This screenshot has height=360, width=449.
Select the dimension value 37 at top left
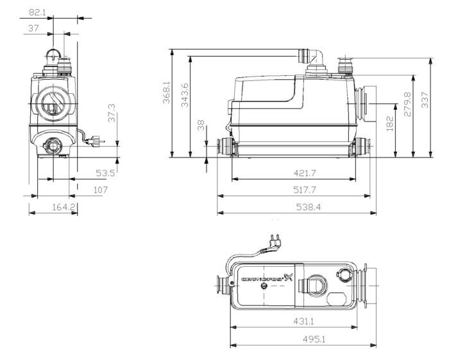click(x=35, y=28)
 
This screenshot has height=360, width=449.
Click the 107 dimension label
click(x=100, y=190)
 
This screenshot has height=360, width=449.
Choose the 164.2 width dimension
click(x=64, y=208)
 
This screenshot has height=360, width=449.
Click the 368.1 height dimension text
click(x=167, y=94)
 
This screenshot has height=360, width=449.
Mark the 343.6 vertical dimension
click(x=185, y=95)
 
